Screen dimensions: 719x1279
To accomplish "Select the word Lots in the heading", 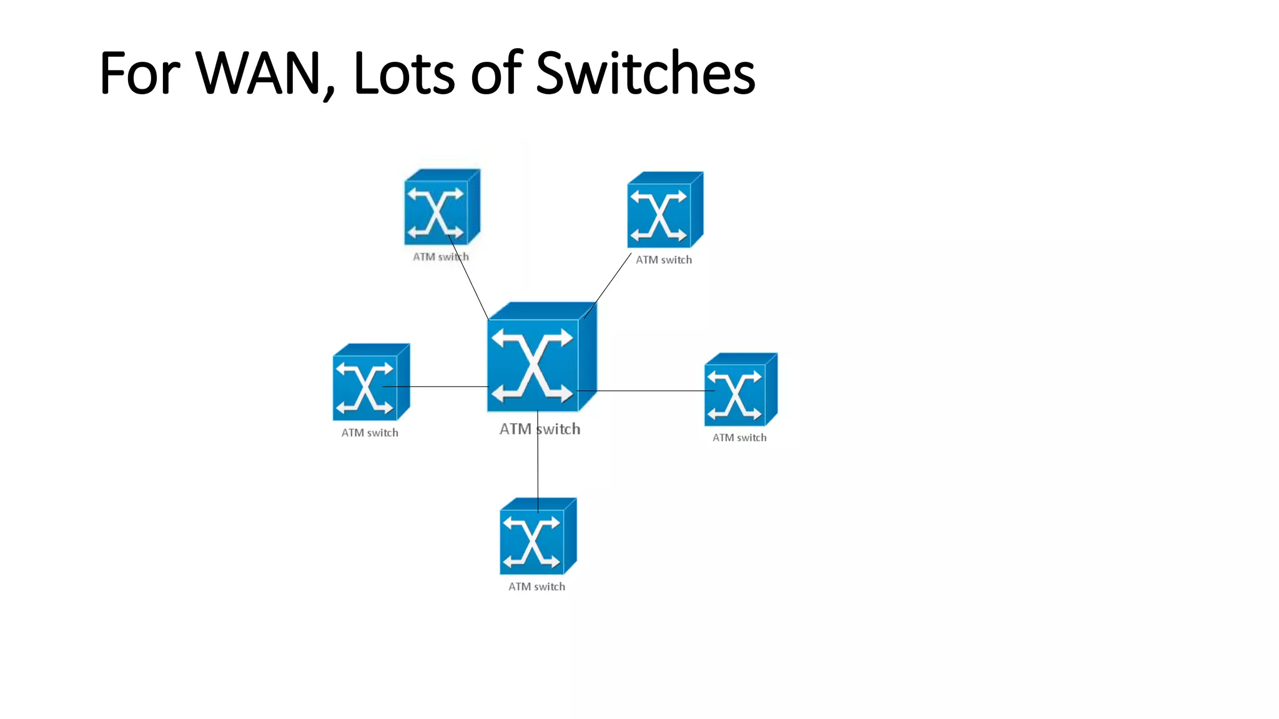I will (404, 74).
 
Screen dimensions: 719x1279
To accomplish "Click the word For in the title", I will (140, 74).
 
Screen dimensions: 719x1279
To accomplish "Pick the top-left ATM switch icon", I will (441, 208).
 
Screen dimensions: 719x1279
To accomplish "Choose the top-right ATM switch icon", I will (664, 211).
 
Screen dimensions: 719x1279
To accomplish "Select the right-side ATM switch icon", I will (740, 391).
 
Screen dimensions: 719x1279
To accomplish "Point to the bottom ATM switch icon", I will (537, 537).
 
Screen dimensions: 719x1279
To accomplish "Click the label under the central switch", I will (540, 429).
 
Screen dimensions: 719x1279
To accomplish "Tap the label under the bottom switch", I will (536, 587).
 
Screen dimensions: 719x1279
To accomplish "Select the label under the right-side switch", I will (739, 438).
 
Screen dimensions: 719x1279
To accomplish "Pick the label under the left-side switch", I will (370, 433).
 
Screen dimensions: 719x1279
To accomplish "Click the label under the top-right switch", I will (664, 260).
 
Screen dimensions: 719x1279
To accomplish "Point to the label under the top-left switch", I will (440, 257).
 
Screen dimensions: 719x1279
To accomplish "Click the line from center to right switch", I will (649, 391).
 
